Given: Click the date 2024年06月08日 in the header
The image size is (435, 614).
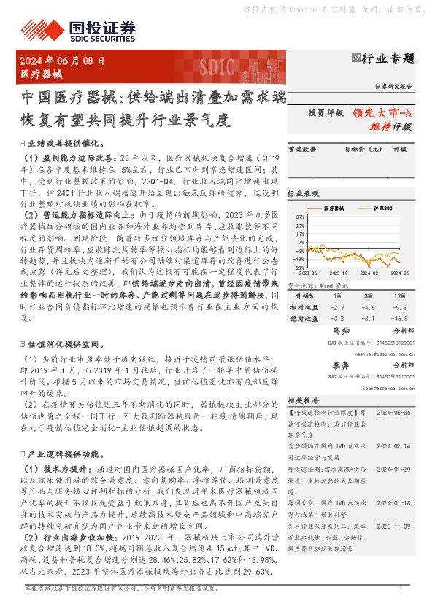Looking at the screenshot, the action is click(62, 61).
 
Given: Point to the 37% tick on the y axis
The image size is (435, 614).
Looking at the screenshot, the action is click(299, 217).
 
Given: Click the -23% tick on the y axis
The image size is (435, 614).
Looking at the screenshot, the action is click(299, 268).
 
